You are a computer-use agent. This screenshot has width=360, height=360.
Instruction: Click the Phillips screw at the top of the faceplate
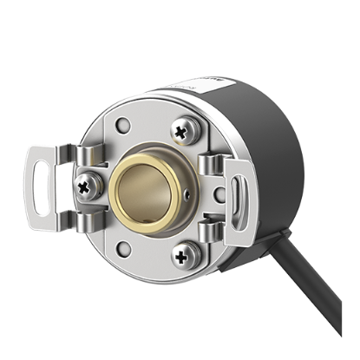[x=182, y=131]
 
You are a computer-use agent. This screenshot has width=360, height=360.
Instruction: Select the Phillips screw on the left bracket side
[x=86, y=184]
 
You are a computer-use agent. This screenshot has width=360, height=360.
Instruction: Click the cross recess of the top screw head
[x=182, y=131]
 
